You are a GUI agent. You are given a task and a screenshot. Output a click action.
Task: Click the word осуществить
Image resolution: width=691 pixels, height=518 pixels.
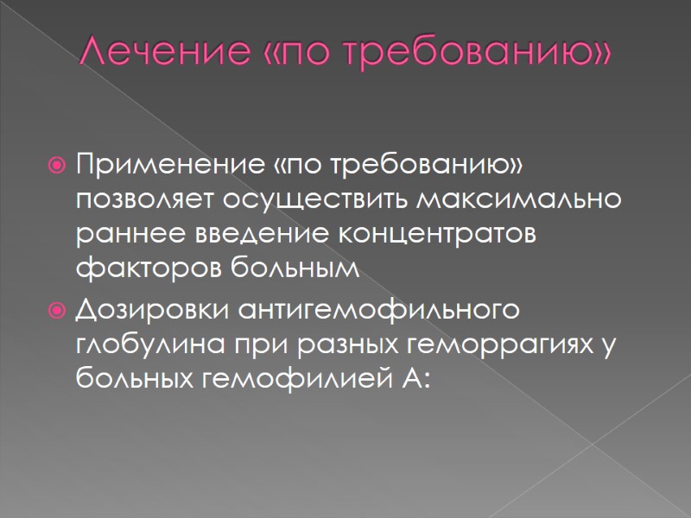(316, 199)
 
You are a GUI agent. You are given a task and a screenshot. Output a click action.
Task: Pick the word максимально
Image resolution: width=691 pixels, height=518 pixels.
(520, 199)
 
